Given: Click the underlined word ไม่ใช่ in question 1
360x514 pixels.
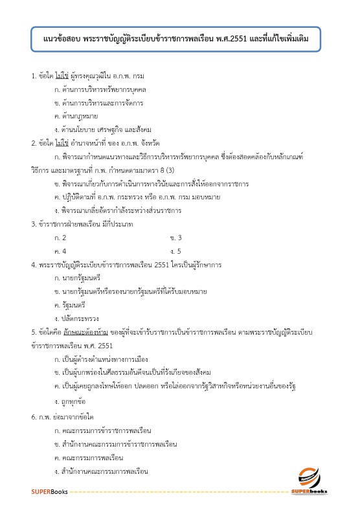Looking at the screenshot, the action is click(62, 77).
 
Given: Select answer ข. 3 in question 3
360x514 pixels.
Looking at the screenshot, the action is click(175, 237).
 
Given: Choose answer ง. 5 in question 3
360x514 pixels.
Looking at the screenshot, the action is click(175, 250).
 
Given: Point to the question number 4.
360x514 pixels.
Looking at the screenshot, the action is click(34, 265).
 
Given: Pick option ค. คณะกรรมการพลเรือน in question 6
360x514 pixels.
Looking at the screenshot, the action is click(94, 457).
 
